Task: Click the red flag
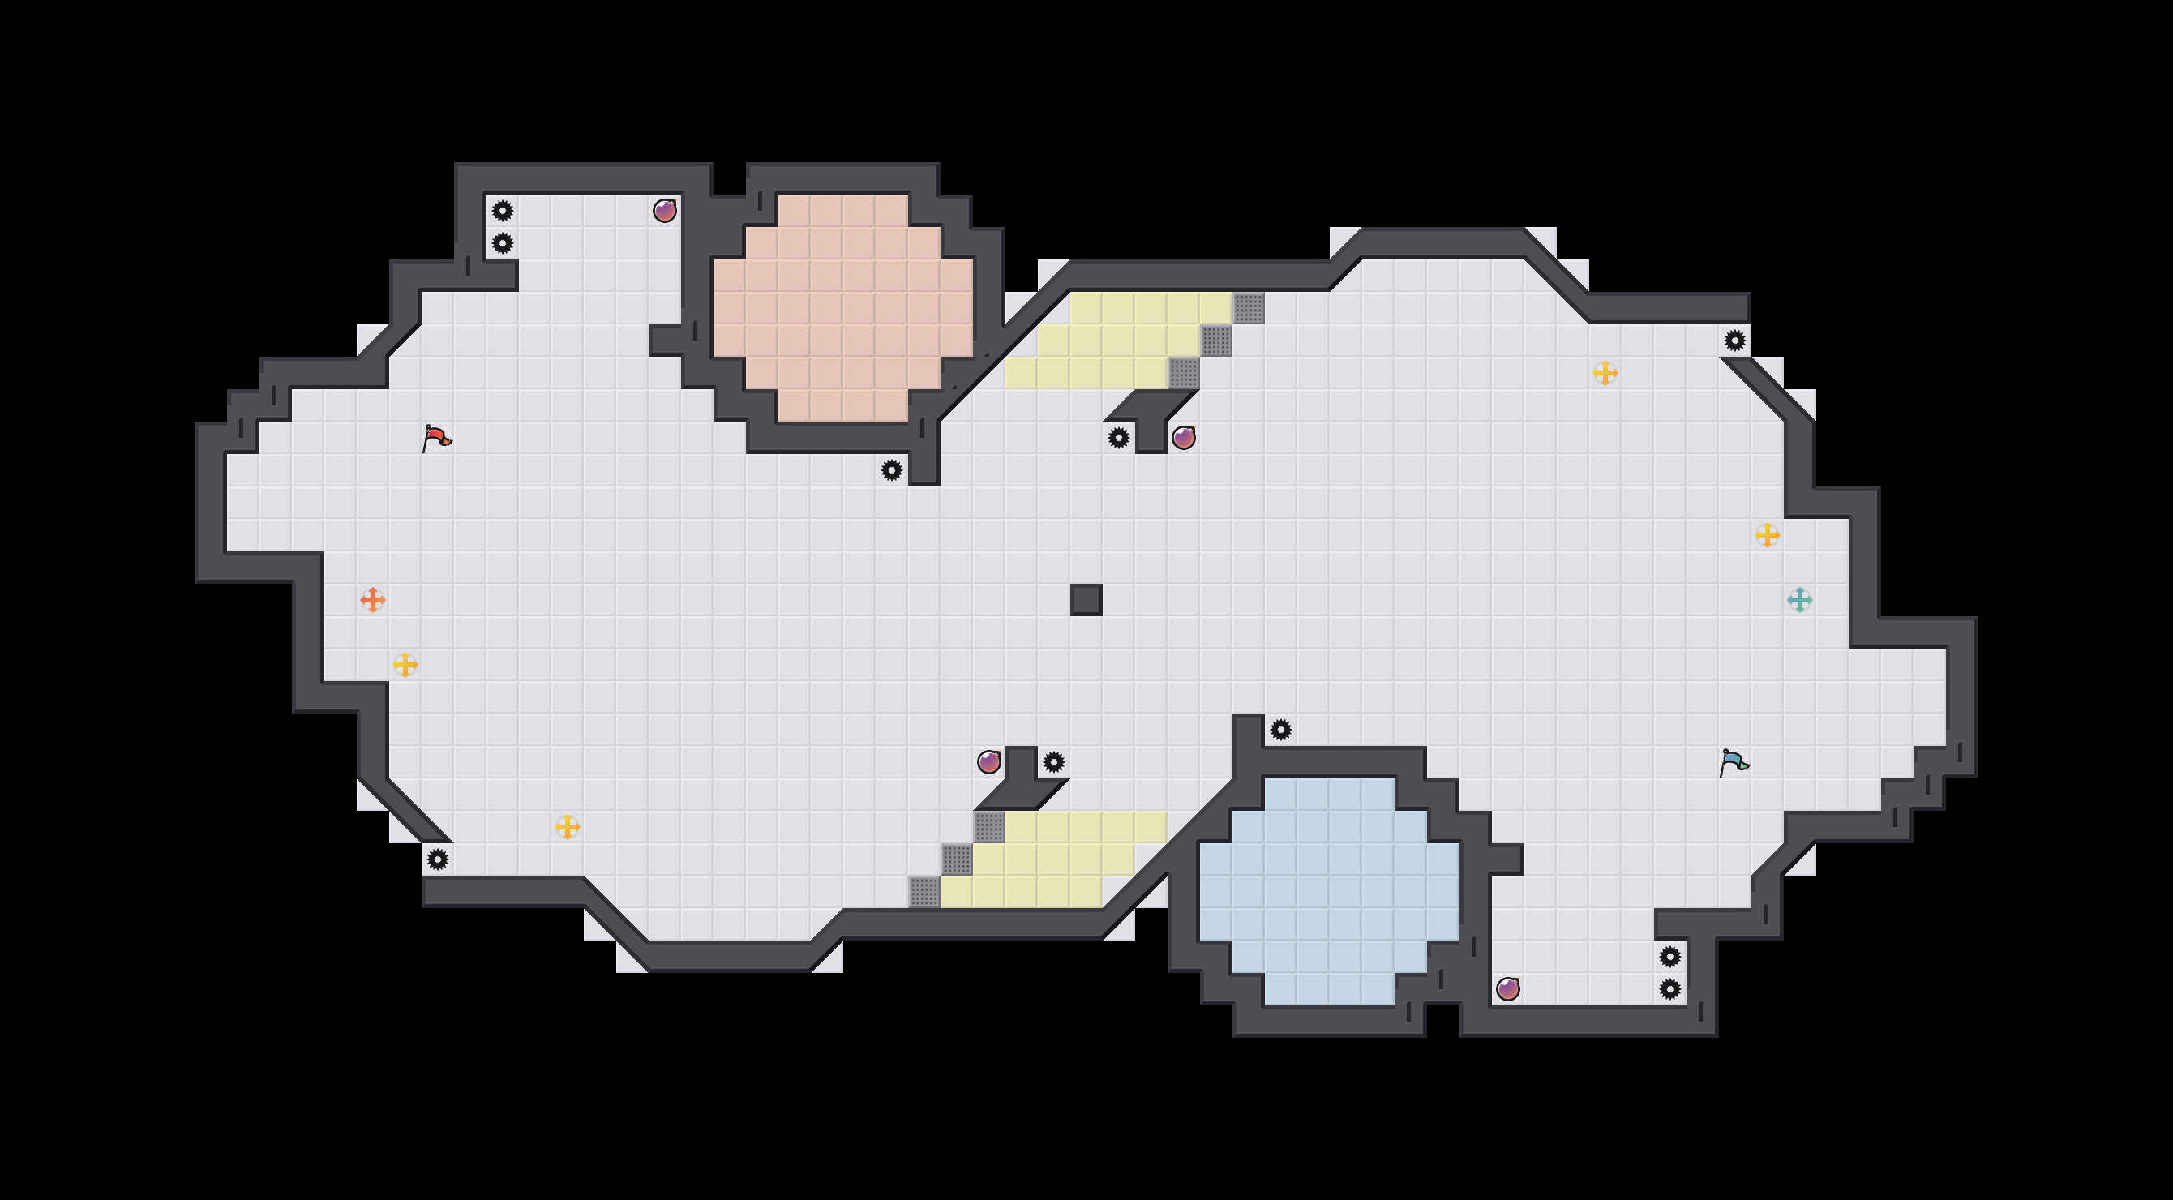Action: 435,438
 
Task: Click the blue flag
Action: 1734,761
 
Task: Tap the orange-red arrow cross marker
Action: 372,599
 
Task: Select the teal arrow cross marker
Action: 1799,599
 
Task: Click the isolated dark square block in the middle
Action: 1086,599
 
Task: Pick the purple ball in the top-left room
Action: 665,210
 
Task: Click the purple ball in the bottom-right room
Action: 1507,988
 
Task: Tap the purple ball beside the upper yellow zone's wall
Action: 1184,438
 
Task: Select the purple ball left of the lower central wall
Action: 988,761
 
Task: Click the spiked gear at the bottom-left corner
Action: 437,859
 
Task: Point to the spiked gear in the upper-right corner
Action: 1734,340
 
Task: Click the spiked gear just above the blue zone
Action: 1280,730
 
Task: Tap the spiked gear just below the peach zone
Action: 892,469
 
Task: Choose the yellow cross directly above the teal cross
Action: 1768,534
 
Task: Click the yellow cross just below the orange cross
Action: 405,665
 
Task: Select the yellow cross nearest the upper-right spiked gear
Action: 1605,372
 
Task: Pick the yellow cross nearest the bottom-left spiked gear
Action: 567,826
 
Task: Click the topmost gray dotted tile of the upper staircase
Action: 1249,308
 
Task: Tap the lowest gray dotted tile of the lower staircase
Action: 924,891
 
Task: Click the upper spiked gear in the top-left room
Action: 502,210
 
